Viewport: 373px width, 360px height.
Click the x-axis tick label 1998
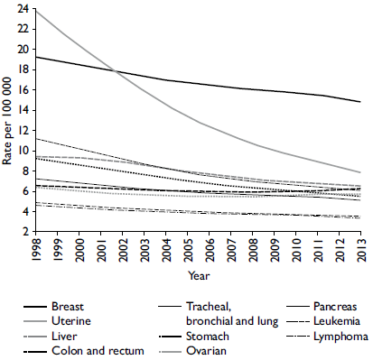coord(37,253)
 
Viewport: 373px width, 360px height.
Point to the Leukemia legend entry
coord(336,321)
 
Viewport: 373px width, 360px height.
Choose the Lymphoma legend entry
coord(338,337)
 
